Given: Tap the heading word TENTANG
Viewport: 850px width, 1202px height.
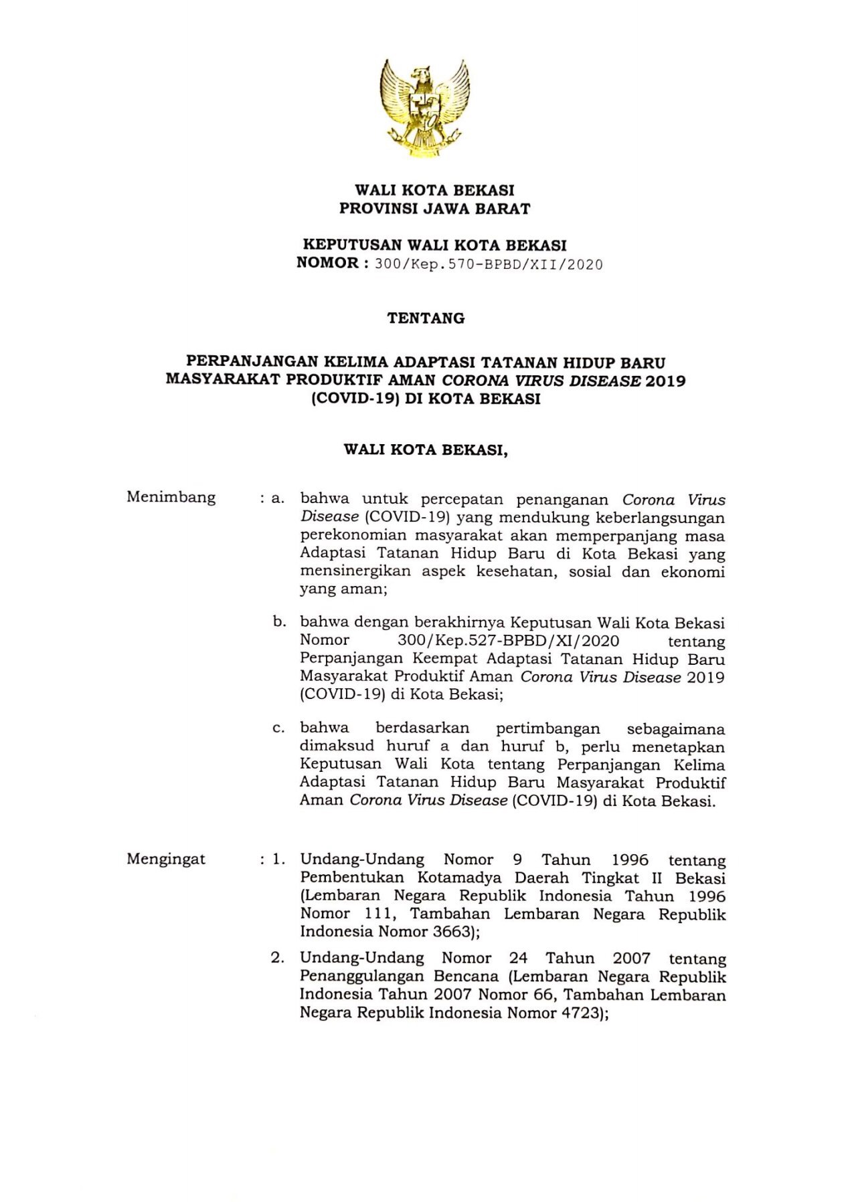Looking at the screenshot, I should click(426, 318).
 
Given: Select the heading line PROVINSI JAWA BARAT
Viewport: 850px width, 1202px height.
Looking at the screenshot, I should click(434, 209).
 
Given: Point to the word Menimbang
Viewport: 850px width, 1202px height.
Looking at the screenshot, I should click(171, 498).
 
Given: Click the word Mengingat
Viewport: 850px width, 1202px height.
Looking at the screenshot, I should click(166, 860).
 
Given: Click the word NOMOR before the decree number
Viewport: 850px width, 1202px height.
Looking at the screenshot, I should click(327, 264).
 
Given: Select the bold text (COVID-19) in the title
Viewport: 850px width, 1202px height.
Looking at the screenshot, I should click(346, 400).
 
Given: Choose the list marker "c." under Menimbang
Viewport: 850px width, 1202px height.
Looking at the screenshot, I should click(278, 728).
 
